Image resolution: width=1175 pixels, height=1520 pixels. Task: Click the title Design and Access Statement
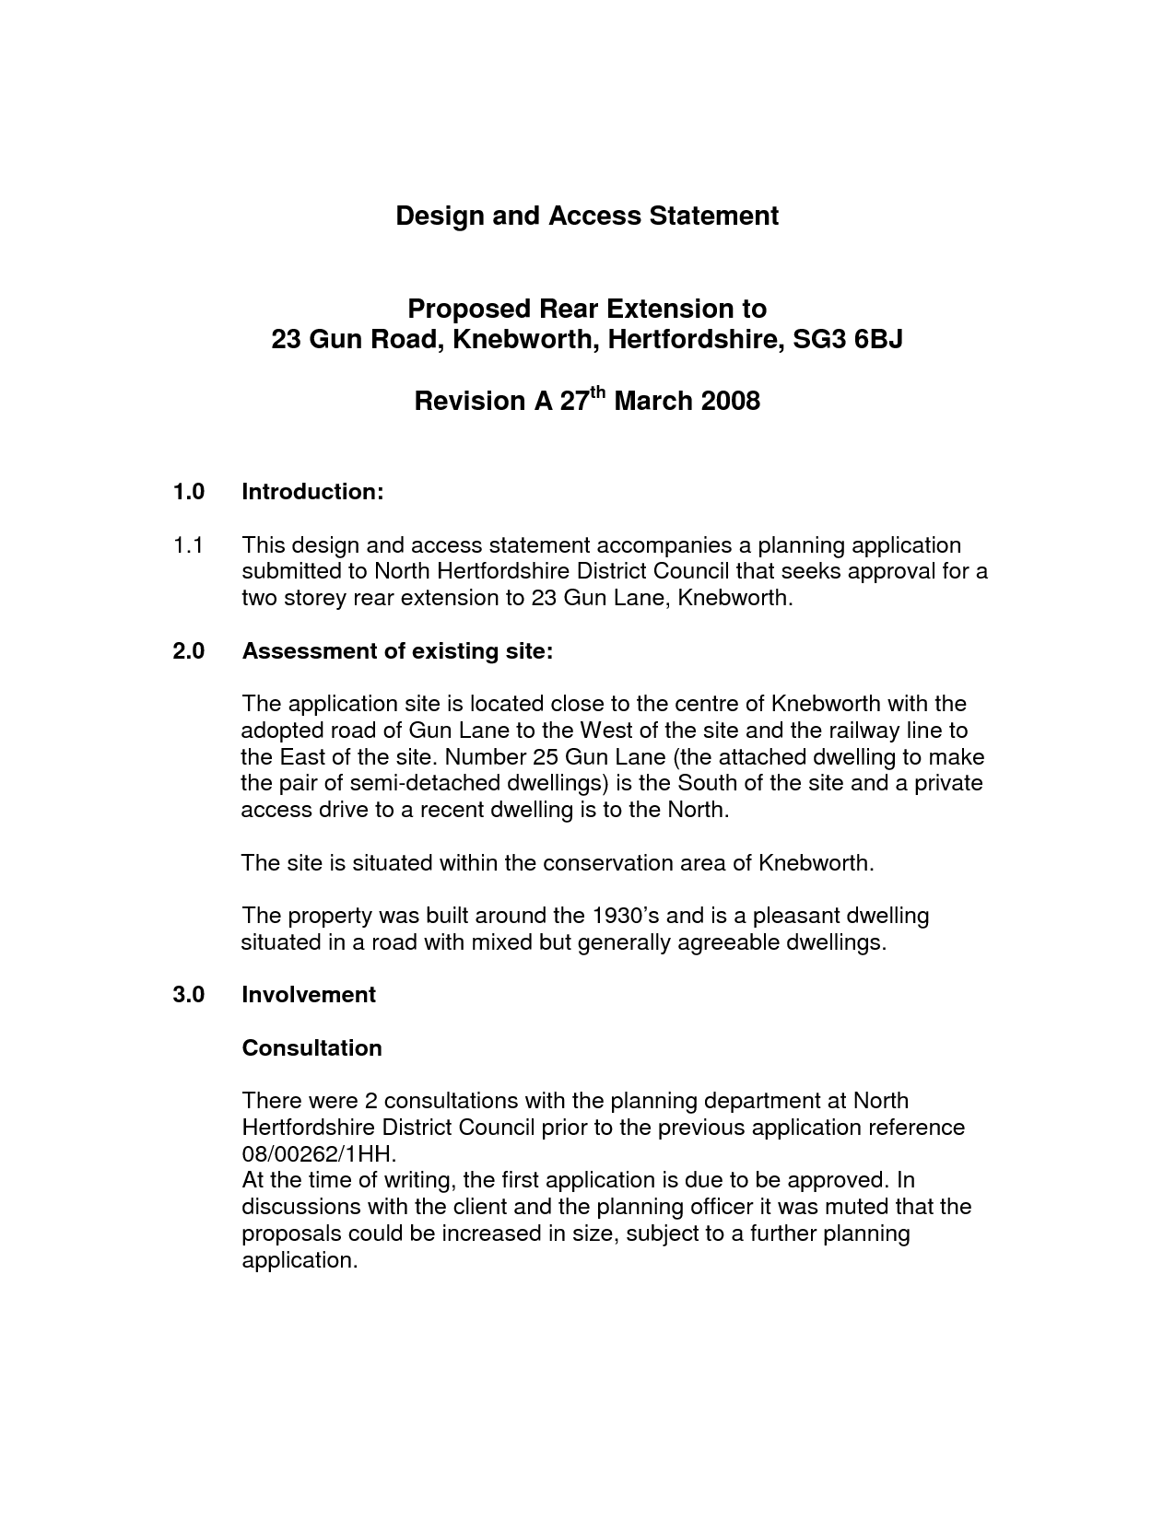pos(587,216)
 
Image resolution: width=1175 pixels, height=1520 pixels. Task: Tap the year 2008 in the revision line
pos(730,402)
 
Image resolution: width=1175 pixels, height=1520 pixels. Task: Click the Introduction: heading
pos(311,492)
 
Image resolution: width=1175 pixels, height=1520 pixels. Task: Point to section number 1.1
pos(187,545)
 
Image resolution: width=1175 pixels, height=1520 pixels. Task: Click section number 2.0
pos(188,651)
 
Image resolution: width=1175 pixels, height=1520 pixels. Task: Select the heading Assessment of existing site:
pos(397,651)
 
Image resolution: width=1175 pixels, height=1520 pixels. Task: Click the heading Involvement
pos(308,995)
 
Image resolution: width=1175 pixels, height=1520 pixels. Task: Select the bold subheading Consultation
pos(311,1048)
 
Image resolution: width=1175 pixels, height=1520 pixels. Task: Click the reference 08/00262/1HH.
pos(318,1154)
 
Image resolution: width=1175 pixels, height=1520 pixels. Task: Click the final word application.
pos(299,1260)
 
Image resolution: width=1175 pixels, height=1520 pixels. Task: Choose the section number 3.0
pos(188,995)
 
